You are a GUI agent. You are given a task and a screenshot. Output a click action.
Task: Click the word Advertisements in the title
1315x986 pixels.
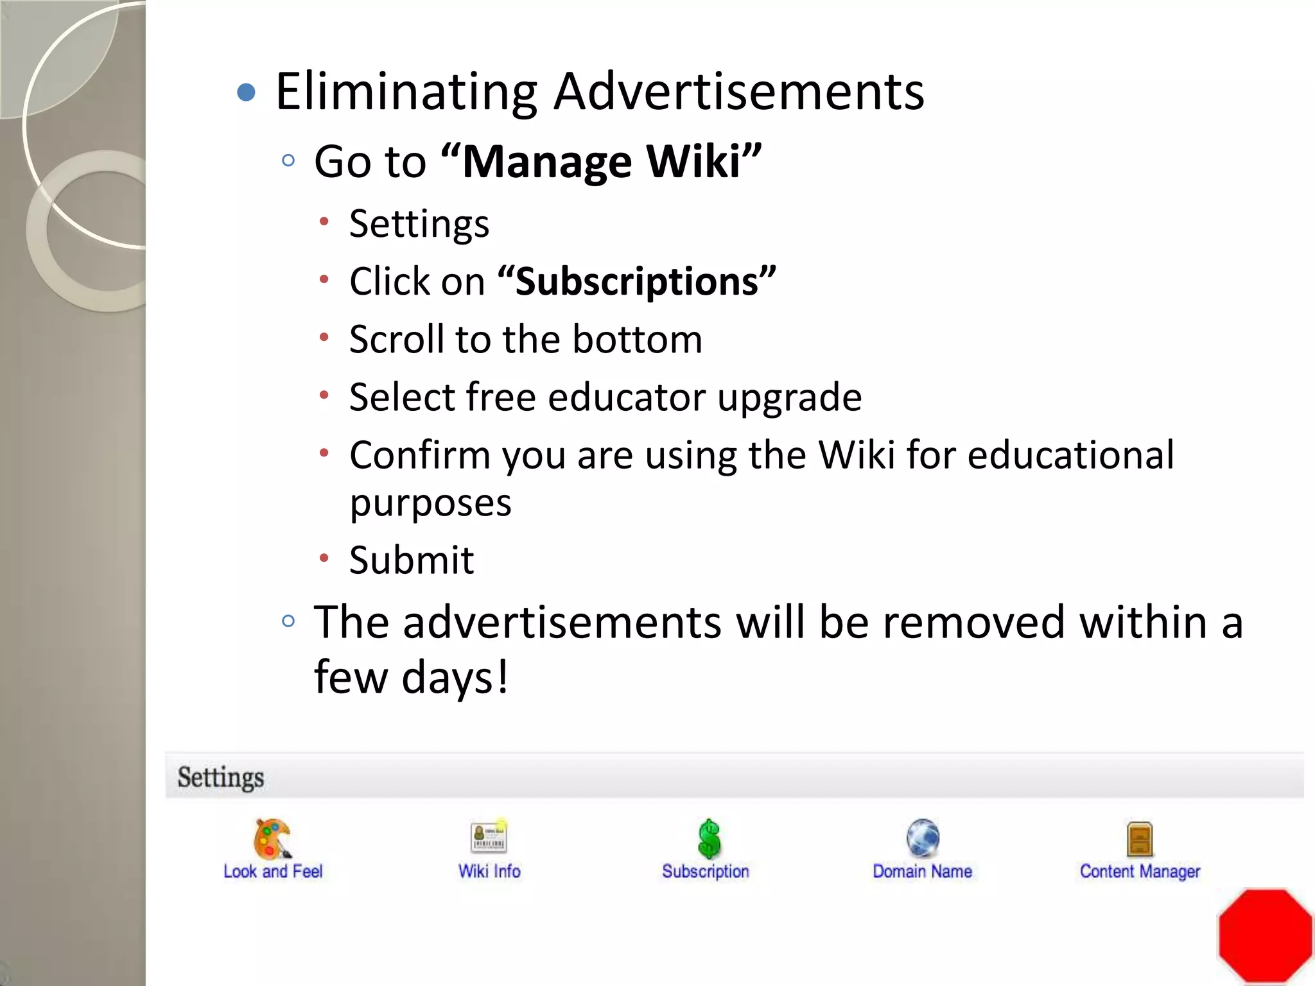point(738,92)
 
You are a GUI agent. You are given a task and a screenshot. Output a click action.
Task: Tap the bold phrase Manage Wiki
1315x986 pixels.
point(602,161)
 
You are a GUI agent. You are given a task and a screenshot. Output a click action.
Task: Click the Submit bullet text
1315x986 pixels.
point(411,560)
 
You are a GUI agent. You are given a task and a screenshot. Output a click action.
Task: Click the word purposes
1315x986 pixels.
point(430,503)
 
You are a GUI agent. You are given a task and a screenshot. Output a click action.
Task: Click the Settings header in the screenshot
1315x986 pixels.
point(220,777)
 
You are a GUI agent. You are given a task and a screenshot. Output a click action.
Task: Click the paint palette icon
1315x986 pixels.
point(272,838)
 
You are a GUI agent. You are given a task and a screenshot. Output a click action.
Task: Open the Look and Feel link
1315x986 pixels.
point(273,872)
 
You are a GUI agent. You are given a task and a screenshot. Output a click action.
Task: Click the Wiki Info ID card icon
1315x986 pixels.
point(489,837)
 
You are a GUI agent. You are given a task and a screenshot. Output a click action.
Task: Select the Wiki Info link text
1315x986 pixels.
point(489,872)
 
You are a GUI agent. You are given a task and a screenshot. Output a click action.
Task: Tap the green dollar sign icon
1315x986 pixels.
point(709,838)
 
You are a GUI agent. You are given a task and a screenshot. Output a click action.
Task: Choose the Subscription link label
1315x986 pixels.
point(706,872)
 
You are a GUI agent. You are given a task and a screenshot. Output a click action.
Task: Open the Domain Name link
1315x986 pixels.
point(922,872)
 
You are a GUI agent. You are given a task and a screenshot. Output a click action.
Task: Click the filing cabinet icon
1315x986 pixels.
point(1140,839)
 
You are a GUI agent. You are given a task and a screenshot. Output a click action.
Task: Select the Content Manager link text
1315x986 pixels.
point(1140,872)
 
